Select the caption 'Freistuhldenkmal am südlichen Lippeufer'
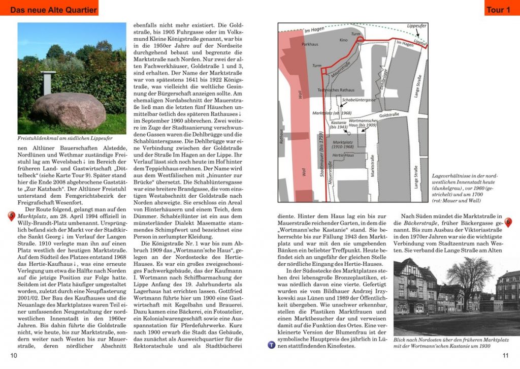tap(65, 138)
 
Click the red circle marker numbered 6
tap(508, 223)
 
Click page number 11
tap(505, 355)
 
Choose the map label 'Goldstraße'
tap(389, 115)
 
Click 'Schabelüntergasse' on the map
tap(359, 100)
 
